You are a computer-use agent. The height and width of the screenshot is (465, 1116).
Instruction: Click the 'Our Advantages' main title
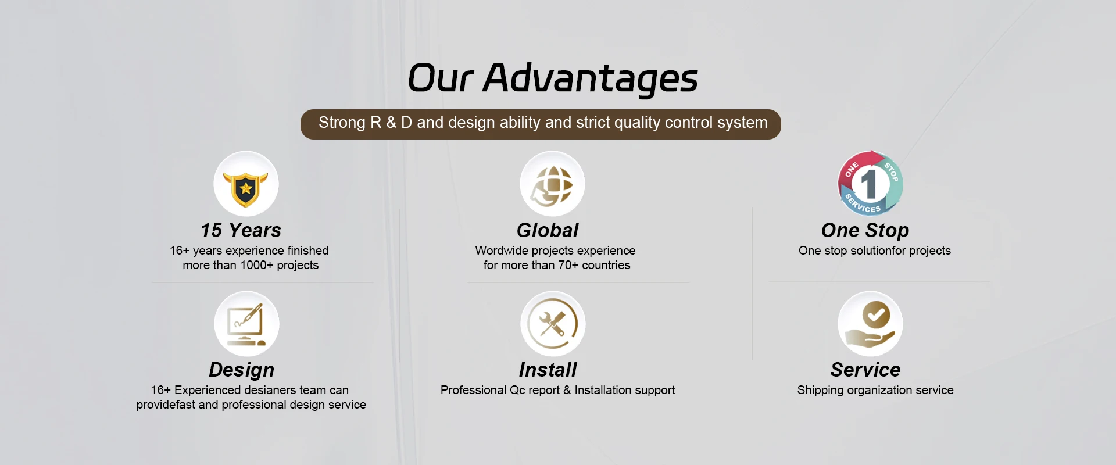(x=553, y=78)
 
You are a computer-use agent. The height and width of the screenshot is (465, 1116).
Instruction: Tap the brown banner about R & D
(x=541, y=124)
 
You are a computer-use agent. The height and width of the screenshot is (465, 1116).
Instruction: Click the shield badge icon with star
(x=246, y=184)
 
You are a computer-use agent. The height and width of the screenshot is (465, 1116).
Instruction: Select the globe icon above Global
(x=552, y=184)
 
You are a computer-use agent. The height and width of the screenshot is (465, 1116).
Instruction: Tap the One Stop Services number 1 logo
(x=870, y=184)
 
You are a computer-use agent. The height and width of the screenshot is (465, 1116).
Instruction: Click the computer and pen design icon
(x=246, y=324)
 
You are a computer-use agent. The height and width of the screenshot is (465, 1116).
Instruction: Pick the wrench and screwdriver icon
(x=553, y=324)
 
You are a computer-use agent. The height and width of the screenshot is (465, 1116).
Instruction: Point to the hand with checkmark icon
(x=870, y=324)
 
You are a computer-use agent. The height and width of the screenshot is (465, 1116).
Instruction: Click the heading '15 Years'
(x=241, y=230)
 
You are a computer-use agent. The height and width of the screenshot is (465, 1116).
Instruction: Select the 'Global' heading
(x=548, y=230)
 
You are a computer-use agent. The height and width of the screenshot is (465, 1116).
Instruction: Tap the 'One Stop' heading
(x=865, y=231)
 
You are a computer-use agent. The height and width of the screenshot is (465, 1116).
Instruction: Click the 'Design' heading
(x=241, y=370)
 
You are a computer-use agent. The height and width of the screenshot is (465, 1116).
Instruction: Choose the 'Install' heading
(x=548, y=370)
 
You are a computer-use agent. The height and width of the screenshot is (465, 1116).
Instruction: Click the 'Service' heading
(x=865, y=370)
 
